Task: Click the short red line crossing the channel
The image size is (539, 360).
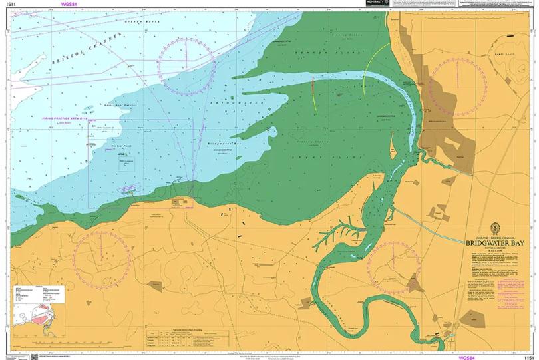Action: [312, 90]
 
